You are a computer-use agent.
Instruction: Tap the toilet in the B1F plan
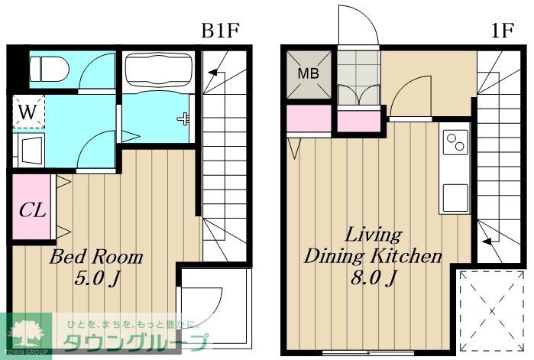(x=49, y=70)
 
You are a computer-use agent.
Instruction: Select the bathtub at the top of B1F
(x=158, y=70)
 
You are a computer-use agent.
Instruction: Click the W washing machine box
(x=28, y=112)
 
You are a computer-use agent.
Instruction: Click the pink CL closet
(x=31, y=208)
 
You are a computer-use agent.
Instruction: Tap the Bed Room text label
(x=96, y=257)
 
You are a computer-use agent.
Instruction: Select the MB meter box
(x=309, y=74)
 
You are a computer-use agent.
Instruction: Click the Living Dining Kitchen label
(x=373, y=245)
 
